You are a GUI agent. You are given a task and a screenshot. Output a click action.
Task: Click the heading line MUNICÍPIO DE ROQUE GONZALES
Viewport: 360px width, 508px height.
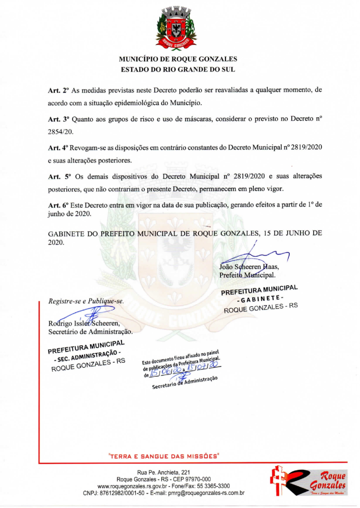point(178,59)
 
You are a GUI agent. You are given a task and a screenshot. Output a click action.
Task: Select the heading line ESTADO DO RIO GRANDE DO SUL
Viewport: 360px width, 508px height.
point(178,70)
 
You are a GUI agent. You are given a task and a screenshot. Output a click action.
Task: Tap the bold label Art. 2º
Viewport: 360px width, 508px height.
point(58,90)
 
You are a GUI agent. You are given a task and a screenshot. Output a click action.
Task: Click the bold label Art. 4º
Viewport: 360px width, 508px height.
point(58,147)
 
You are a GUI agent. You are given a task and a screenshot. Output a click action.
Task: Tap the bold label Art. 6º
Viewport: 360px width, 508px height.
point(58,205)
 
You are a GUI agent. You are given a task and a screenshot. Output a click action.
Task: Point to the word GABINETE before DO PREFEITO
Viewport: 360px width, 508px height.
point(67,233)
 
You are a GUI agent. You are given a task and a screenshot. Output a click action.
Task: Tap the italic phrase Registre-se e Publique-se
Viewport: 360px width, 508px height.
point(86,301)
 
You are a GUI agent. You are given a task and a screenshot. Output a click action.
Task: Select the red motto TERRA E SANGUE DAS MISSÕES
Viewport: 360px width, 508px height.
point(164,456)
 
